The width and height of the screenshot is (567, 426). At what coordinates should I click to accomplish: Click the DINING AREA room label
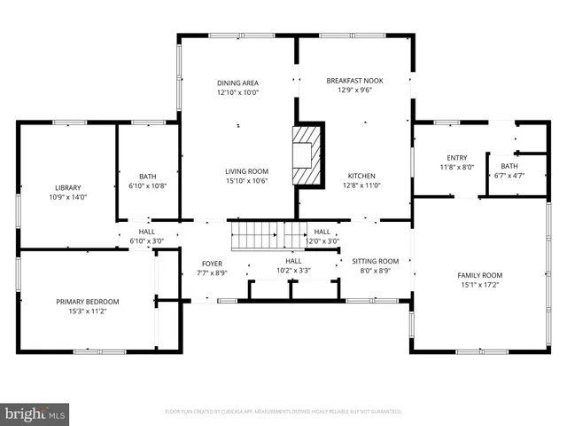237,83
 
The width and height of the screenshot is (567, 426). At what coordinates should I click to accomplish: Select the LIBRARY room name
68,187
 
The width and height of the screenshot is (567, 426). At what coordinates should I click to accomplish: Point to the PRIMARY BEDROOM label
82,302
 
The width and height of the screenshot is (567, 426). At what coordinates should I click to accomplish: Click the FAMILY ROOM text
479,275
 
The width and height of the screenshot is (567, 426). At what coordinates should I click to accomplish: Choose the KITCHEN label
361,176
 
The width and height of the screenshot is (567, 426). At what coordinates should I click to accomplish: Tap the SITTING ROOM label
376,261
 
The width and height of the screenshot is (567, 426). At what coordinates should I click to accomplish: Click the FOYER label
212,264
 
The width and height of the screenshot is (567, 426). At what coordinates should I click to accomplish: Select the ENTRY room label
456,158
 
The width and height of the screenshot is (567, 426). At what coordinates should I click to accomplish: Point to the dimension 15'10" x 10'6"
245,181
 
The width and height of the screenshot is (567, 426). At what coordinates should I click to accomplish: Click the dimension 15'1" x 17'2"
479,285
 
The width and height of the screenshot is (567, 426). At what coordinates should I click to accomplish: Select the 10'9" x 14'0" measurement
68,197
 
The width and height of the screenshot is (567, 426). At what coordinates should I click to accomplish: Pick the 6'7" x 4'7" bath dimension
509,176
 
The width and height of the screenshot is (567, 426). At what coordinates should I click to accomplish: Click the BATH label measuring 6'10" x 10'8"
147,176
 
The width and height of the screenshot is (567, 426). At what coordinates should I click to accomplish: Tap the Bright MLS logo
35,414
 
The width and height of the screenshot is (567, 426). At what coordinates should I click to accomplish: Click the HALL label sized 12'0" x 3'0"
322,232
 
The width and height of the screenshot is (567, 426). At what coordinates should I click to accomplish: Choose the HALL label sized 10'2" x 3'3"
293,260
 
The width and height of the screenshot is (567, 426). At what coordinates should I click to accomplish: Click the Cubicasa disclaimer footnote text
283,412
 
